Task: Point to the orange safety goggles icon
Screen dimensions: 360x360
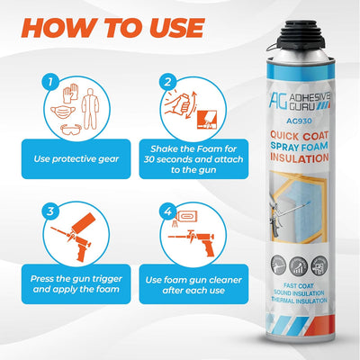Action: (x=81, y=130)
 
